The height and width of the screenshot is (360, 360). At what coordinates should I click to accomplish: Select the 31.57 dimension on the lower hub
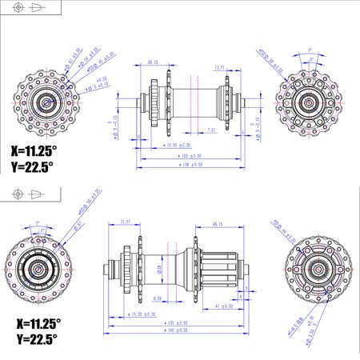pyautogui.click(x=123, y=222)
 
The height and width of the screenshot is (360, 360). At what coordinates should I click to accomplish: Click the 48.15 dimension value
pyautogui.click(x=217, y=225)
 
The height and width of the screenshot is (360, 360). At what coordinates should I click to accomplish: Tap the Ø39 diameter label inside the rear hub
pyautogui.click(x=158, y=267)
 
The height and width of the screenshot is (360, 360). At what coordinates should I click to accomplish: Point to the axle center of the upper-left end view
pyautogui.click(x=46, y=102)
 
